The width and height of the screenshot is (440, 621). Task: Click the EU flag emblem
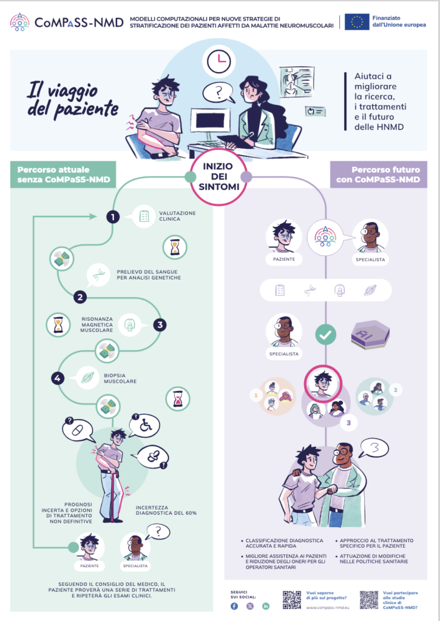coord(357,22)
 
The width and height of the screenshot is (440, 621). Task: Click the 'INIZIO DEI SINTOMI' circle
coord(217,176)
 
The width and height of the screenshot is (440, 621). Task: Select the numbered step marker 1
coord(112,217)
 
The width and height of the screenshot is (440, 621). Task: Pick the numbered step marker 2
coord(80,297)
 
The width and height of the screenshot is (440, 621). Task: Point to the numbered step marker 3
coord(160,325)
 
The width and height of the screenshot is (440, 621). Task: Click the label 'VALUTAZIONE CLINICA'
coord(177,216)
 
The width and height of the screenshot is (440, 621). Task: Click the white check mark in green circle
coord(326,334)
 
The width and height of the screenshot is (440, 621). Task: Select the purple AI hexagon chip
coord(370,334)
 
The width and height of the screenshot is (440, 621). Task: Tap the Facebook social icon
coord(234,606)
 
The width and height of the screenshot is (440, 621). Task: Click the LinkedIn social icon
coord(266,606)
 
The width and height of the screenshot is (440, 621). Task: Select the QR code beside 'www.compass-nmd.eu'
coord(292,599)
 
